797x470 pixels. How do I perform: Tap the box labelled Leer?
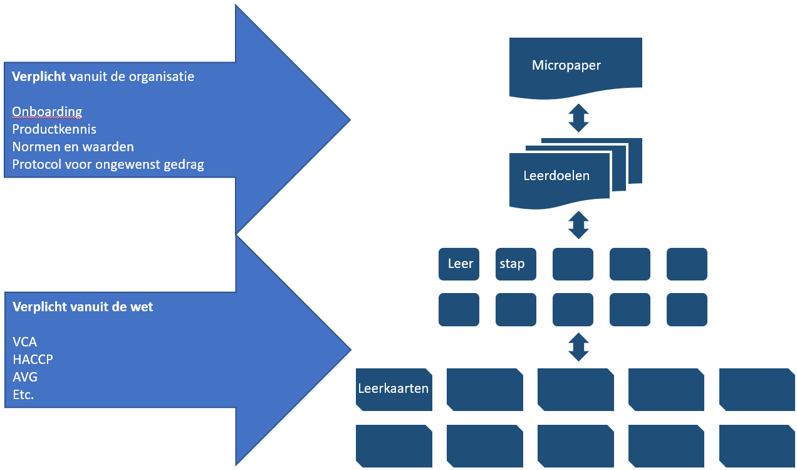pyautogui.click(x=459, y=264)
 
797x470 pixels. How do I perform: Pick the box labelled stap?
pyautogui.click(x=515, y=264)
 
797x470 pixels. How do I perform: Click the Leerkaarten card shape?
pyautogui.click(x=393, y=389)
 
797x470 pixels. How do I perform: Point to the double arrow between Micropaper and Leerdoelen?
pyautogui.click(x=578, y=118)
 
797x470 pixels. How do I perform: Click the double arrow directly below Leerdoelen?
pyautogui.click(x=578, y=225)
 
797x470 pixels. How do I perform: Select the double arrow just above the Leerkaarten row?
pyautogui.click(x=578, y=346)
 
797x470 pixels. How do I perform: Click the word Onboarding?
pyautogui.click(x=47, y=112)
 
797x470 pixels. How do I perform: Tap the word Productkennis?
pyautogui.click(x=55, y=129)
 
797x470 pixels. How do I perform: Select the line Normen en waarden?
pyautogui.click(x=73, y=147)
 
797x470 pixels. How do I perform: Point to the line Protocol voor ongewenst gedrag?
pyautogui.click(x=108, y=164)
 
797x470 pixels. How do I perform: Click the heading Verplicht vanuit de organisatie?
pyautogui.click(x=103, y=77)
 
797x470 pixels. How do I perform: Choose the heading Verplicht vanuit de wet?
pyautogui.click(x=83, y=307)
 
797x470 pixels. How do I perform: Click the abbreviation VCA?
pyautogui.click(x=24, y=343)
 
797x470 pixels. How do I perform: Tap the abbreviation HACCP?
pyautogui.click(x=33, y=360)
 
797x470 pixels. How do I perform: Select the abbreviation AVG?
pyautogui.click(x=24, y=378)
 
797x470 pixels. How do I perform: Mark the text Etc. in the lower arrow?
pyautogui.click(x=23, y=395)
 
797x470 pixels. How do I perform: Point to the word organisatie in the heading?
pyautogui.click(x=162, y=77)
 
